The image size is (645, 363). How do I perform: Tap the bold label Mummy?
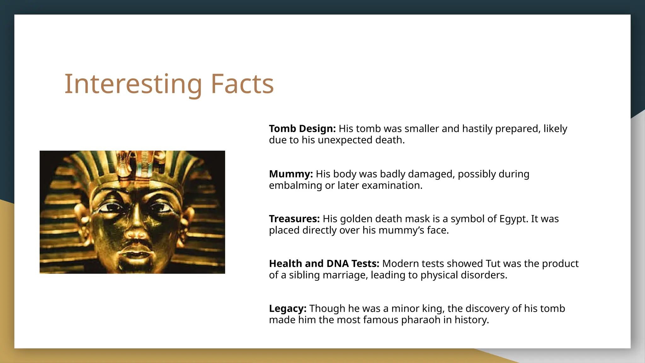click(x=291, y=174)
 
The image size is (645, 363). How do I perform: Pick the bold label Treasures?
click(x=294, y=219)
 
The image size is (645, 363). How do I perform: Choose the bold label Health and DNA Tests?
click(x=324, y=263)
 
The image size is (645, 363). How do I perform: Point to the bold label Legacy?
click(x=288, y=308)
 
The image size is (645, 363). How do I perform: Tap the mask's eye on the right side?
click(x=161, y=208)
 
